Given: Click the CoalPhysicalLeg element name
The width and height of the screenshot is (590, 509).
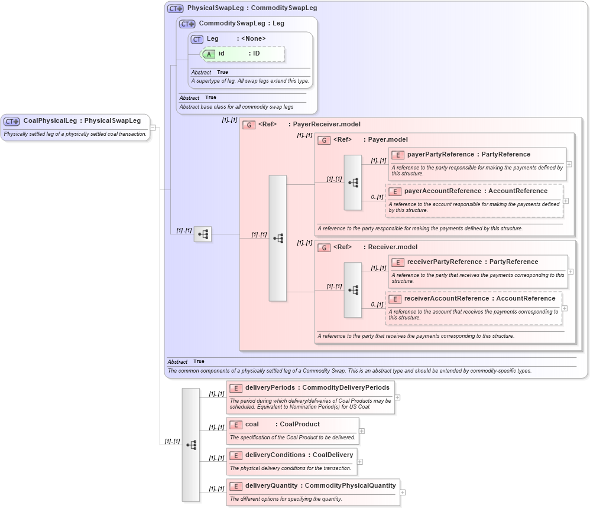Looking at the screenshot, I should [50, 121].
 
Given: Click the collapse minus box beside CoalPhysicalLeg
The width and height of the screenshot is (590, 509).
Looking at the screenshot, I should [153, 127].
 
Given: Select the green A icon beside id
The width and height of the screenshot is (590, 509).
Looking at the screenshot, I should [209, 54].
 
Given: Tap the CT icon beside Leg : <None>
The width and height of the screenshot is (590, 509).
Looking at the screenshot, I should [197, 39].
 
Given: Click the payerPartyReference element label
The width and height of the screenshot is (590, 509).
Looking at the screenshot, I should [440, 155].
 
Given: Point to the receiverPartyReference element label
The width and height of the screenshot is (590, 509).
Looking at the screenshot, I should [443, 262].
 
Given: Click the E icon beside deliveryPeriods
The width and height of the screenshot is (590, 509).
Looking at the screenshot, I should [236, 388].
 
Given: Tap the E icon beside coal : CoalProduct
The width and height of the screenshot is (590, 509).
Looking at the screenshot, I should [236, 425].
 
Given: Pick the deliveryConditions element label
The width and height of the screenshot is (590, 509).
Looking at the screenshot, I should [275, 455].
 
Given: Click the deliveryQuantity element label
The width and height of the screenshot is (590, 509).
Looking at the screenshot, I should [271, 486].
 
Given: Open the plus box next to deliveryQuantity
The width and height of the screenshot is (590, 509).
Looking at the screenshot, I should [403, 492].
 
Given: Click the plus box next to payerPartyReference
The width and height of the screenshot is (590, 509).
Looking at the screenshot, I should [569, 164].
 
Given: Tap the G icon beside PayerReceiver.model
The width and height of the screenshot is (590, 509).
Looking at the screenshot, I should [249, 125].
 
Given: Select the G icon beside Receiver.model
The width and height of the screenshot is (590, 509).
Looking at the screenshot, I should [324, 247].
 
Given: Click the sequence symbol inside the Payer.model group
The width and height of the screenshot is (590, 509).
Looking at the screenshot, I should [353, 183].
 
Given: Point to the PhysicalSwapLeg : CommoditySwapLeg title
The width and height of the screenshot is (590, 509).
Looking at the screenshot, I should [252, 8].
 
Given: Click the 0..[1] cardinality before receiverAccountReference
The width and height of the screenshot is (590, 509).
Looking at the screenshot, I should [377, 305].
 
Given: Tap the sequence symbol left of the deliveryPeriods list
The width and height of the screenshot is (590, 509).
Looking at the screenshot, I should [191, 445].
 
